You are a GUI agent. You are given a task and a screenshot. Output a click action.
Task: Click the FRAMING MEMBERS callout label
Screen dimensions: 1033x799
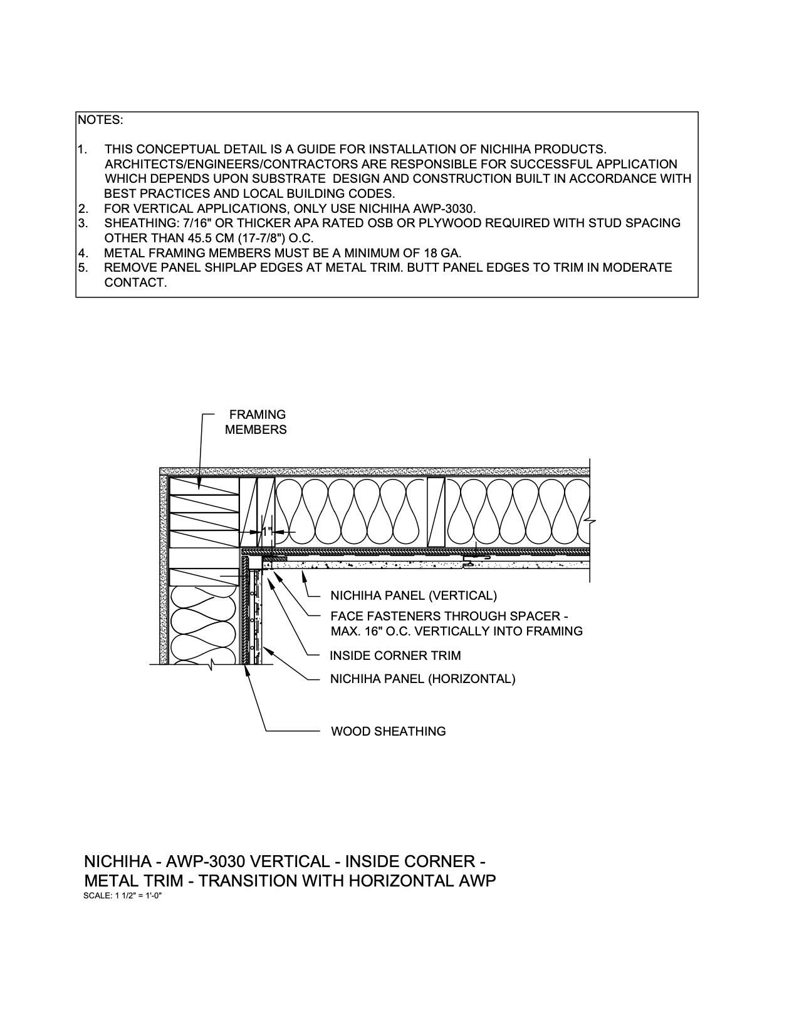(x=256, y=422)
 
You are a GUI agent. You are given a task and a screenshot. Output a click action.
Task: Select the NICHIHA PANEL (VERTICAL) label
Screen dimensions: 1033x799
(x=413, y=595)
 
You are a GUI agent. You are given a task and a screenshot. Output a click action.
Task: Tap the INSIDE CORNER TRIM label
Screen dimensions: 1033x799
(x=395, y=655)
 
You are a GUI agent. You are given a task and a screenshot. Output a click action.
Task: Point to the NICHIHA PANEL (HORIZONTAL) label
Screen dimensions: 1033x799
(x=422, y=679)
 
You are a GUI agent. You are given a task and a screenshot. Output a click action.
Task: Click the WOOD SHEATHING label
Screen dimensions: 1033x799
(x=388, y=731)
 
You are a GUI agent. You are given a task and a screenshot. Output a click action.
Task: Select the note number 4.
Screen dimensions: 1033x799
(x=81, y=253)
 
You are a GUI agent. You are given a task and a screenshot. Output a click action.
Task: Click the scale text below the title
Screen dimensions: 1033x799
(x=123, y=896)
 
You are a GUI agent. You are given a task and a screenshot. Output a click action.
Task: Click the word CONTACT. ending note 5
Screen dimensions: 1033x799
(x=135, y=283)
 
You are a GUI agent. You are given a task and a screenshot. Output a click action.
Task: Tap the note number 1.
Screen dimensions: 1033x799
(x=81, y=149)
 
